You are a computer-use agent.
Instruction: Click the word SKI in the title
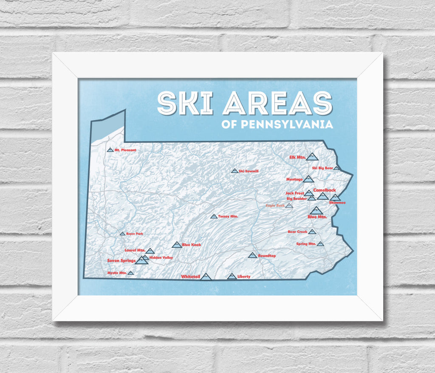tap(185, 103)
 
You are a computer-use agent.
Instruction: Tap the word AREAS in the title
tap(277, 103)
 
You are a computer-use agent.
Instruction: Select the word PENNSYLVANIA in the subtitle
tap(287, 125)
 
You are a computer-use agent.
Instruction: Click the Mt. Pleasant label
tap(125, 150)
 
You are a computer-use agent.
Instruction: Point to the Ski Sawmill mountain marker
tap(234, 171)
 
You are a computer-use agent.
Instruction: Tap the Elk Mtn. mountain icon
tap(312, 157)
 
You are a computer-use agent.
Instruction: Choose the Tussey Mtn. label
tap(228, 216)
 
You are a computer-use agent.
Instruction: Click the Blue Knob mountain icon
tap(176, 245)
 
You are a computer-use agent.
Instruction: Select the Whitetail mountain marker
tap(206, 277)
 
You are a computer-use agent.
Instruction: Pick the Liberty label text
tap(244, 277)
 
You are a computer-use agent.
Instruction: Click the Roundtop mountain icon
tap(252, 255)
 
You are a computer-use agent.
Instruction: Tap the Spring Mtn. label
tap(306, 244)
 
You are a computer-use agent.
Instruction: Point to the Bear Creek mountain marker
tap(312, 232)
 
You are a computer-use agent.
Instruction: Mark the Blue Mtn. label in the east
tap(317, 217)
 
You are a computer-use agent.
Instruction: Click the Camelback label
tap(325, 190)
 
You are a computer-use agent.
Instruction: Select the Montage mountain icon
tap(308, 179)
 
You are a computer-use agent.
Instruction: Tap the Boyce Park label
tap(134, 234)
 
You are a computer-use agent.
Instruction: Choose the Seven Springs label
tap(121, 260)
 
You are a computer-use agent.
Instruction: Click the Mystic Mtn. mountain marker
tap(131, 273)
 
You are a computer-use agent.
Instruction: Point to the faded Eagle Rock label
tap(275, 206)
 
